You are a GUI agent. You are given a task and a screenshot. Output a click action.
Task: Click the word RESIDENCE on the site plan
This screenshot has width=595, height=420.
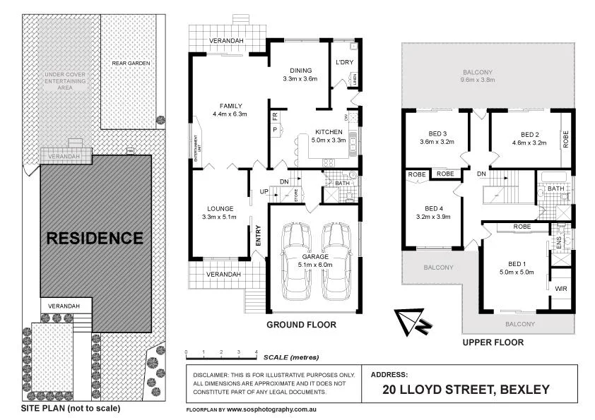(x=95, y=238)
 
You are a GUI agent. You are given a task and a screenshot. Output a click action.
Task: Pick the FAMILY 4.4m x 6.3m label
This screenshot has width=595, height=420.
(x=228, y=109)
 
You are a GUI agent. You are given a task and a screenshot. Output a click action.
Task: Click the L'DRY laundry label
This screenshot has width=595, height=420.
(x=345, y=63)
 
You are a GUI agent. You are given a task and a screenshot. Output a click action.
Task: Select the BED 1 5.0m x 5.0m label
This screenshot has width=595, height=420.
(x=514, y=267)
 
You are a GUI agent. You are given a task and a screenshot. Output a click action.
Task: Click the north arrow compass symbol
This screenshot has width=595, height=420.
(x=411, y=322)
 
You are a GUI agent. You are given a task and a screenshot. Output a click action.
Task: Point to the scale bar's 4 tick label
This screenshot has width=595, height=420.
(x=256, y=352)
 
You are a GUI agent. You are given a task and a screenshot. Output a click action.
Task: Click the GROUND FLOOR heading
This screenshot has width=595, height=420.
(x=301, y=325)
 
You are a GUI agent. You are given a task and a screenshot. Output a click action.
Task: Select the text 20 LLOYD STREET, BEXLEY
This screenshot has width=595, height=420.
(x=466, y=389)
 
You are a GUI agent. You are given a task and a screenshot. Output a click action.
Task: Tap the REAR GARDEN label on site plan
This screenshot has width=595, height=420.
(x=131, y=63)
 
